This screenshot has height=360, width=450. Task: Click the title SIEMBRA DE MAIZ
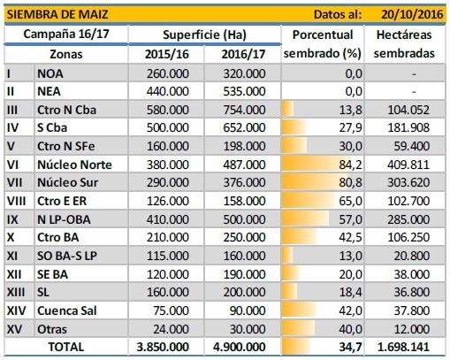tap(57, 14)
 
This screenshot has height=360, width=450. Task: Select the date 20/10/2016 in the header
tap(412, 14)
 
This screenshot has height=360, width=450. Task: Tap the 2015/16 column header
tap(167, 54)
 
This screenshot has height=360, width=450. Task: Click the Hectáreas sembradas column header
tap(404, 44)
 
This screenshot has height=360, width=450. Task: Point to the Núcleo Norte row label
tap(74, 165)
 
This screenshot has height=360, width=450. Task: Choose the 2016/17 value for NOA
tap(244, 73)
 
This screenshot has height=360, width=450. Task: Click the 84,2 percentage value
tap(350, 165)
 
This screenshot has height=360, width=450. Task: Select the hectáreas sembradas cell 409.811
tap(408, 165)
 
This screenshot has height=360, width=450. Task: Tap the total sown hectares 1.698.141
tap(403, 347)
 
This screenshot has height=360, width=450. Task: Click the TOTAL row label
tap(66, 347)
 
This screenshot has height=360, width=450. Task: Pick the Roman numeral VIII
tap(16, 201)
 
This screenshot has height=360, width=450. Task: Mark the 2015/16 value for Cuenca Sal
tap(171, 310)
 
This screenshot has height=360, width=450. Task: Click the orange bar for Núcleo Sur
tap(315, 182)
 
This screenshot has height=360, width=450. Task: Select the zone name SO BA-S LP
tap(67, 256)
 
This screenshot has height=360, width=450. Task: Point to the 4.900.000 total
tap(239, 347)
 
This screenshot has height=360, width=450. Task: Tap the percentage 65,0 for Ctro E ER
tap(350, 201)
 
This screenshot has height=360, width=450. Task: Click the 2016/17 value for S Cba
tap(244, 127)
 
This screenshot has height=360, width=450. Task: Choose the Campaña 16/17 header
tap(66, 34)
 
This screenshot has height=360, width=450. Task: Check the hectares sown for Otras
tap(412, 329)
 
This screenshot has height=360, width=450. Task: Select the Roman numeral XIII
tap(16, 292)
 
